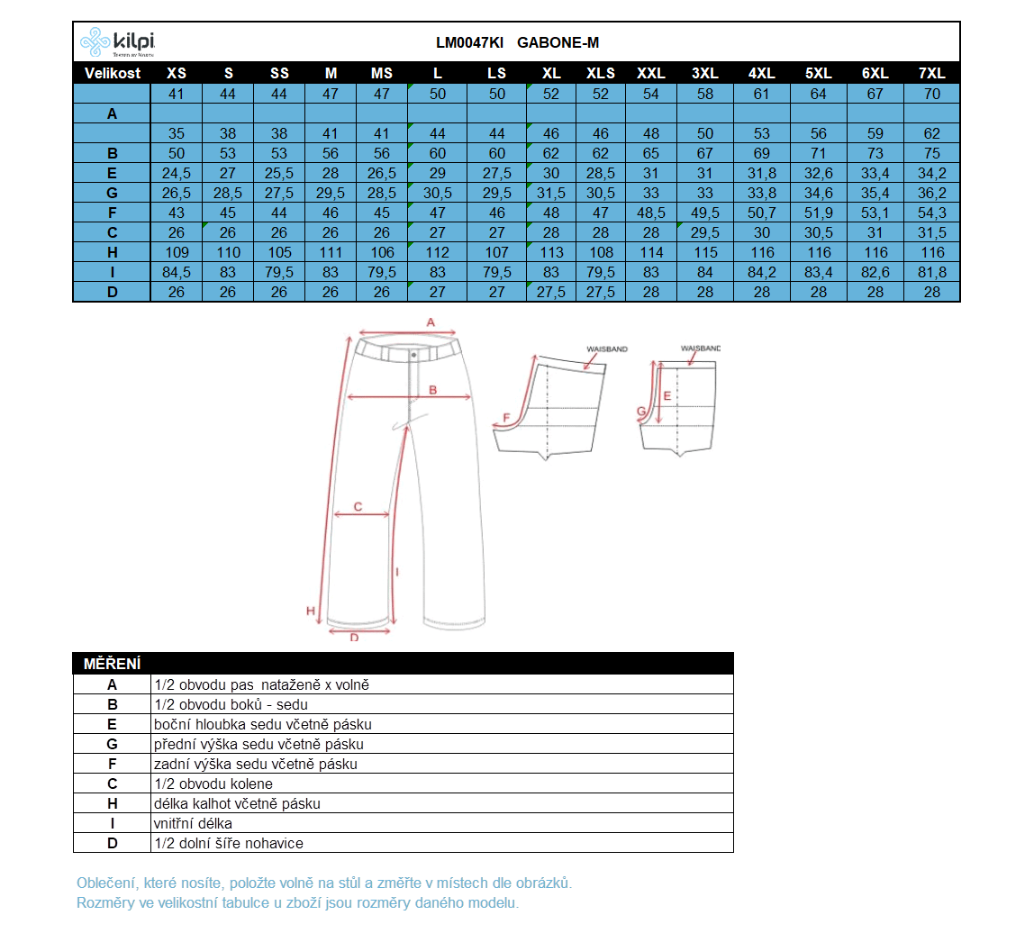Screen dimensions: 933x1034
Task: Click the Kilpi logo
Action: click(117, 41)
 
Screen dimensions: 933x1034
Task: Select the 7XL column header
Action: click(932, 73)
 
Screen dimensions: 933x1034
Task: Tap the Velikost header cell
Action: click(113, 73)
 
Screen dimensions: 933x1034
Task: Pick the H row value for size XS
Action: click(177, 253)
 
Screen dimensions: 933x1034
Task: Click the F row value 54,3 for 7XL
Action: click(932, 213)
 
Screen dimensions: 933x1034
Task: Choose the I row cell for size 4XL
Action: click(762, 273)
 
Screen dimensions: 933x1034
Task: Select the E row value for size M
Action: click(331, 174)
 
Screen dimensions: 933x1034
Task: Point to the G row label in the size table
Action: click(113, 194)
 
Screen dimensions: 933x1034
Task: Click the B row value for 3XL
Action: click(704, 154)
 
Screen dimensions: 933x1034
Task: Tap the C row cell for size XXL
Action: click(651, 233)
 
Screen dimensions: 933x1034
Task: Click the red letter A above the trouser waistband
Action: click(431, 322)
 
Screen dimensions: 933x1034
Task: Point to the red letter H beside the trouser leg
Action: click(311, 611)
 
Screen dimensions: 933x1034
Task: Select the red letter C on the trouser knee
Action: click(358, 507)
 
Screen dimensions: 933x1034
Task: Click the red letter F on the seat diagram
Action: click(506, 418)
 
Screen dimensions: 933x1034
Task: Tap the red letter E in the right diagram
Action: click(667, 395)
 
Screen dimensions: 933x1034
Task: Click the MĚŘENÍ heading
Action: click(112, 665)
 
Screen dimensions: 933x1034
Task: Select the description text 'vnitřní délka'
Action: click(194, 823)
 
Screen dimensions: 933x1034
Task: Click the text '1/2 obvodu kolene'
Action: click(213, 784)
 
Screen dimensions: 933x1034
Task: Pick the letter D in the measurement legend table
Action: click(113, 843)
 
